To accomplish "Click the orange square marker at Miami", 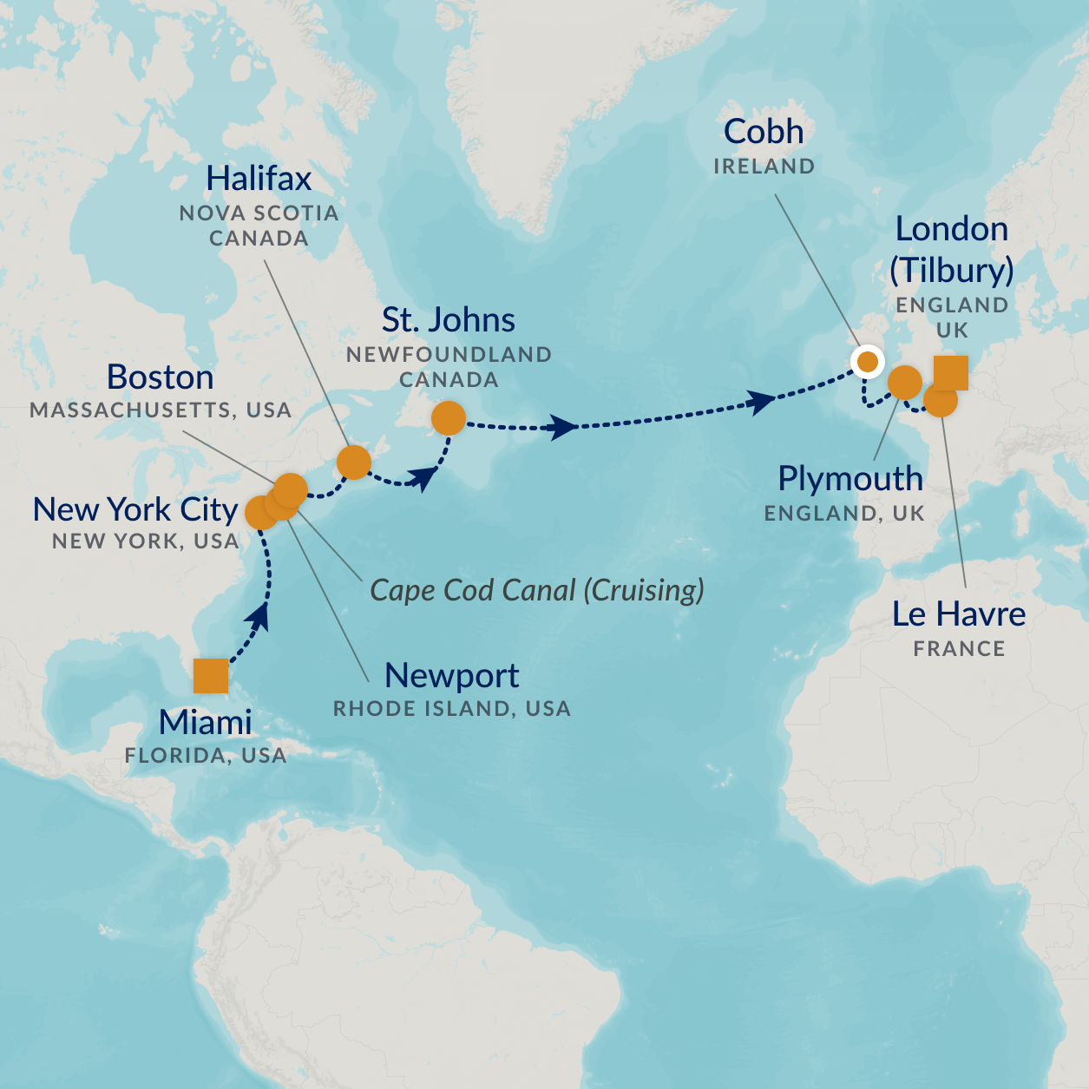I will (x=211, y=676).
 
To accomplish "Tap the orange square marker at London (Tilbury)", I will (x=951, y=373).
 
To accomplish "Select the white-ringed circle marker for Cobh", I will (x=867, y=361).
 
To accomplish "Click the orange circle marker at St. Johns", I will (x=449, y=418).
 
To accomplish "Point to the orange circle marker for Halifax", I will (x=354, y=462).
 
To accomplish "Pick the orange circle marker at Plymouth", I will (x=905, y=382).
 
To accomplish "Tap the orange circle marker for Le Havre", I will (x=941, y=401).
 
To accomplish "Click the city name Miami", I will (x=206, y=722).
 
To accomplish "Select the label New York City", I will (x=135, y=509).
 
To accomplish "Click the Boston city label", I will (x=161, y=377).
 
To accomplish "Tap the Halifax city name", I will (x=259, y=179).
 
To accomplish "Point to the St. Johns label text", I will (x=449, y=320).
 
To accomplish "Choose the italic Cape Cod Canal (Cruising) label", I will (x=537, y=590).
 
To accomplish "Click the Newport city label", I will (x=452, y=675).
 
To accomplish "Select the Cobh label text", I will (x=764, y=132).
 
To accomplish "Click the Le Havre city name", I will (x=959, y=614).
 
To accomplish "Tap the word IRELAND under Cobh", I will (x=764, y=167).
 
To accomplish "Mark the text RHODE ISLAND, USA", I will (x=452, y=709).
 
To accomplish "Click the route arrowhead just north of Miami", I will (x=259, y=618).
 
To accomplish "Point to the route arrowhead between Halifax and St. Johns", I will (x=423, y=476).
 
